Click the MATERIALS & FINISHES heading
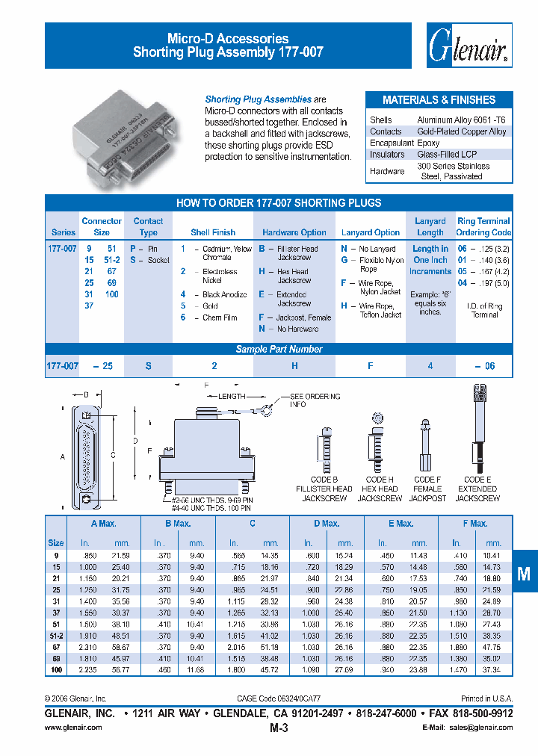[x=439, y=100]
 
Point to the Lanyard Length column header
[x=430, y=226]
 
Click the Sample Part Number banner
[x=279, y=349]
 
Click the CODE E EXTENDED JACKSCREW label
[x=477, y=489]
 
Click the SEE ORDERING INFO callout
[x=316, y=400]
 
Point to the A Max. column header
[x=104, y=524]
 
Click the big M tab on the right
[x=524, y=573]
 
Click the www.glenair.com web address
[x=73, y=727]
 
